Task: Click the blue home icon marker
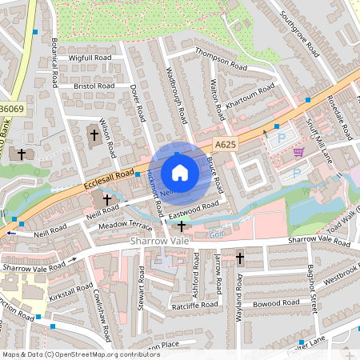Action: [180, 172]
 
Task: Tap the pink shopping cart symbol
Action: [298, 152]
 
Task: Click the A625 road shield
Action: [225, 144]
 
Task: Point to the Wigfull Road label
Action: [90, 58]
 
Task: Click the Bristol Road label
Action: [94, 85]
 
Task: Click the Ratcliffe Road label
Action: [194, 305]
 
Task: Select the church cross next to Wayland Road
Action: [239, 258]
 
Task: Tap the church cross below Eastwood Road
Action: [182, 226]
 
